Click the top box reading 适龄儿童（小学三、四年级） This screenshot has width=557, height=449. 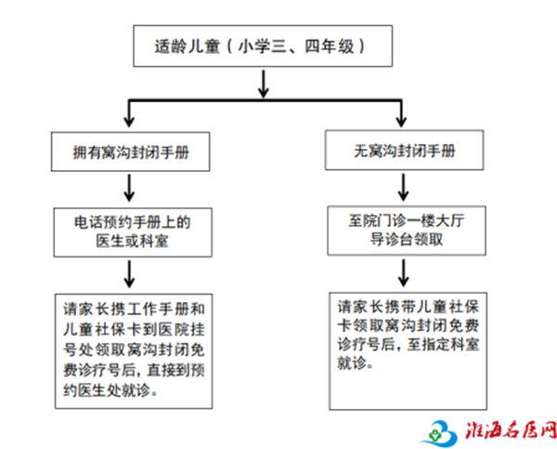[263, 46]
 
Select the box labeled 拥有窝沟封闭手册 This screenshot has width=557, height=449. [130, 152]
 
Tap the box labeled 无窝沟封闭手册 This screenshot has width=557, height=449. [404, 151]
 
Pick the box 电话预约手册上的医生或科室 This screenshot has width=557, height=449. [133, 232]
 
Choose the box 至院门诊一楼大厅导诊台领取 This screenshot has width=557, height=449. [407, 231]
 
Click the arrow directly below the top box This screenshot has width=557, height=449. [264, 84]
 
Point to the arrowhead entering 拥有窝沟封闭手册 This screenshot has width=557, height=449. [129, 122]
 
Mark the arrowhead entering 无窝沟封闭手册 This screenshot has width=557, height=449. [401, 121]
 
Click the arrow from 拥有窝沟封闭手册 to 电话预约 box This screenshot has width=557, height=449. [129, 188]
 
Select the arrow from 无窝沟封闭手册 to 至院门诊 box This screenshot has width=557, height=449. [403, 187]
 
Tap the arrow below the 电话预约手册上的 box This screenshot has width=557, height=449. [129, 273]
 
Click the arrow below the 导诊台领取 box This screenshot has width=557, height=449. [403, 272]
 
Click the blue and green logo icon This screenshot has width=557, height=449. [440, 432]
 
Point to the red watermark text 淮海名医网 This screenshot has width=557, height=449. [511, 430]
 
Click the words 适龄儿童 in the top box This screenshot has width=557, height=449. [188, 46]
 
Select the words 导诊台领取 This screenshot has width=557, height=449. [407, 239]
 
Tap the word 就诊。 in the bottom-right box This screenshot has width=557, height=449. [356, 363]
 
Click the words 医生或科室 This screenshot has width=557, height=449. [132, 241]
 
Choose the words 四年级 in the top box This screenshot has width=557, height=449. [330, 46]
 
